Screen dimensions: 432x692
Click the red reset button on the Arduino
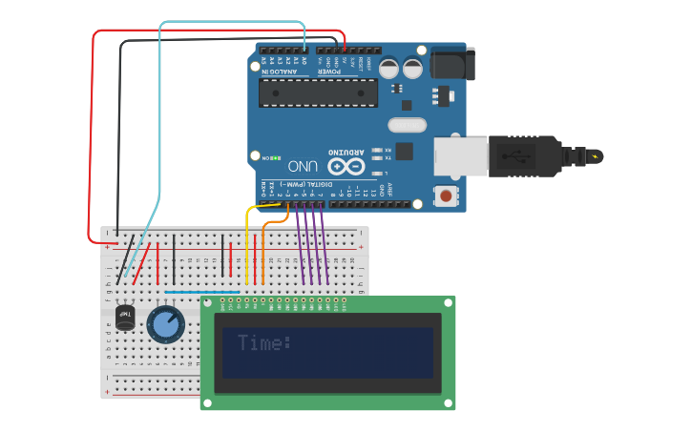(445, 196)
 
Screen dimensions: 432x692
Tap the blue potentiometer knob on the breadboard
(165, 324)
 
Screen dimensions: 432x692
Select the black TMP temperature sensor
(125, 318)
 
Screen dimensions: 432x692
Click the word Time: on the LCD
(264, 343)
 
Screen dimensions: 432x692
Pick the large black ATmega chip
(319, 92)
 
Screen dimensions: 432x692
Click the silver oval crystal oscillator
(407, 125)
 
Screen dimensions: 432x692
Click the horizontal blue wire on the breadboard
(201, 292)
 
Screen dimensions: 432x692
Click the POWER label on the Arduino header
(327, 72)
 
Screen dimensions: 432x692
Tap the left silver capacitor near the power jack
(389, 68)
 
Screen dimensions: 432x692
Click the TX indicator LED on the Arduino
(378, 158)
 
